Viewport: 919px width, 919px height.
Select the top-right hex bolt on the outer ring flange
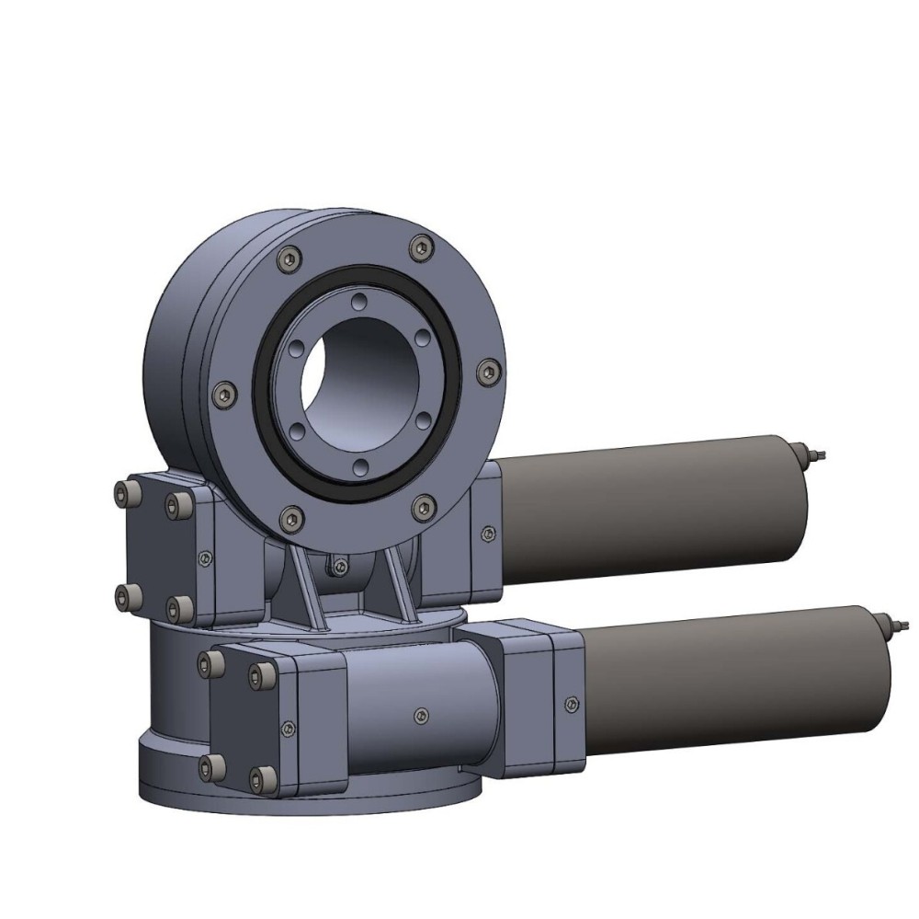421,246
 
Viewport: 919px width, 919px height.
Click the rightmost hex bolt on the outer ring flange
488,372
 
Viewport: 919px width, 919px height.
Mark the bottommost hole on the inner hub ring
361,465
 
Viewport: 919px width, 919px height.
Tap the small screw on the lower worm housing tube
421,713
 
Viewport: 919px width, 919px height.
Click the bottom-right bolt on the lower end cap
267,779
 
